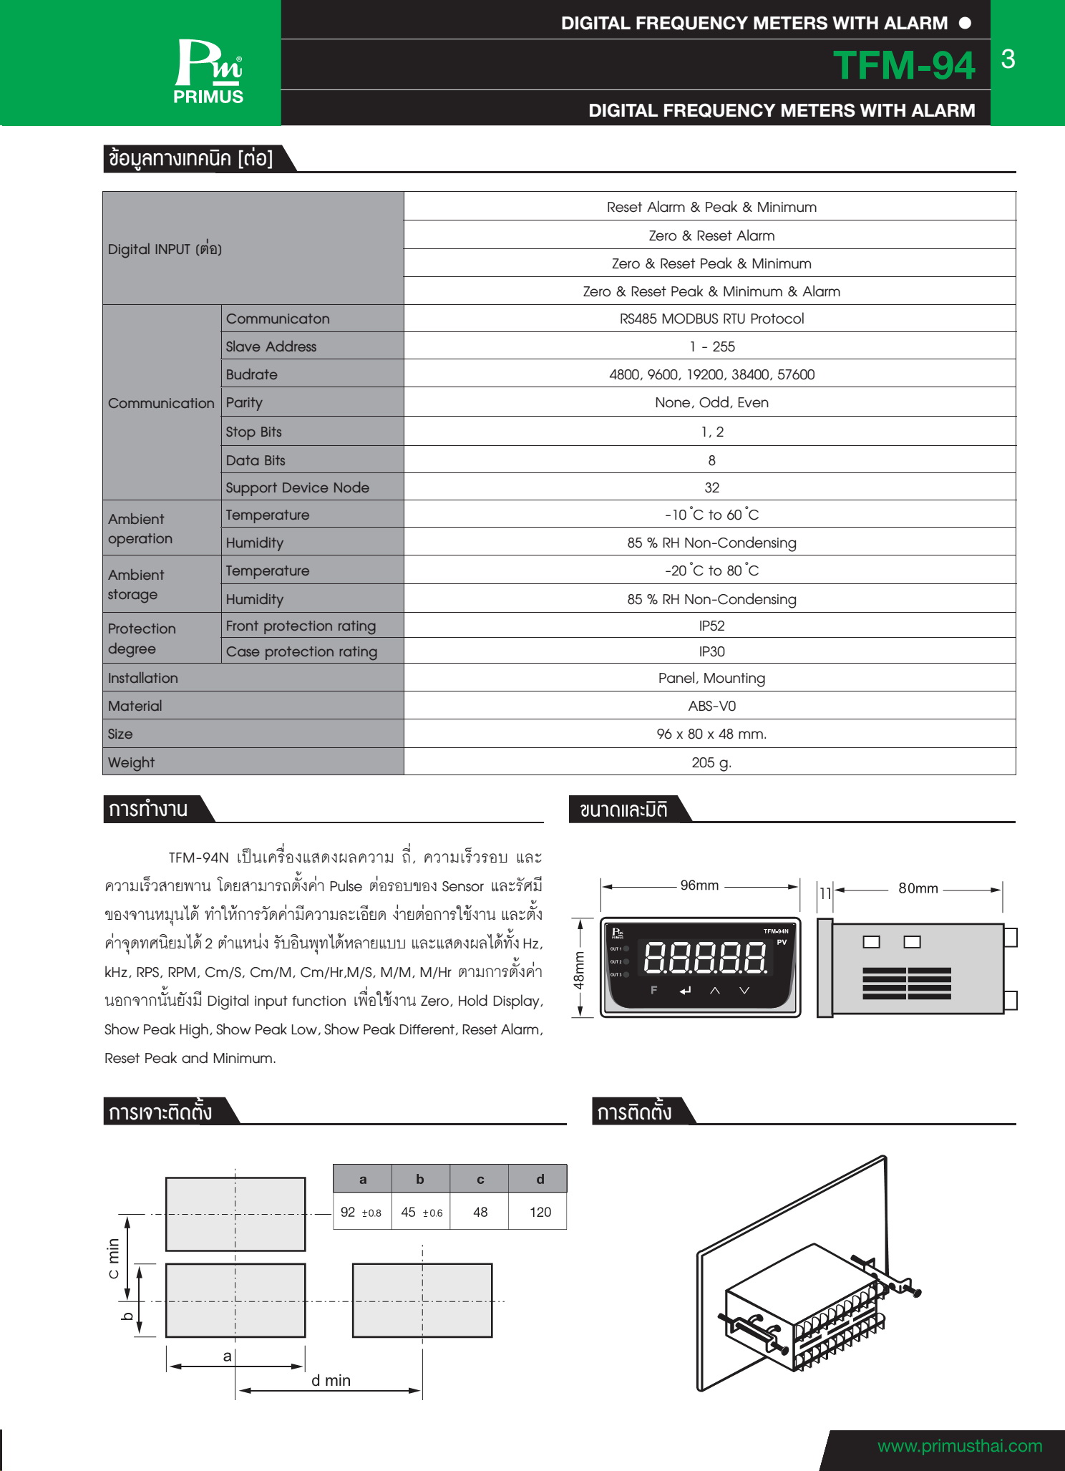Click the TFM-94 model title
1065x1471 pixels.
coord(904,65)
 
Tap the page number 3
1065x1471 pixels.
coord(1008,59)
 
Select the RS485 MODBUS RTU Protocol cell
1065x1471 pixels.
coord(711,319)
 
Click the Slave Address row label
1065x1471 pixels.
coord(271,346)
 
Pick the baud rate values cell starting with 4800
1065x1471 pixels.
coord(711,374)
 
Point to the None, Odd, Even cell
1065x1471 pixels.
coord(711,402)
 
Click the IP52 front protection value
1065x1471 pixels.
coord(711,626)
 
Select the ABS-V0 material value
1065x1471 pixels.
coord(711,706)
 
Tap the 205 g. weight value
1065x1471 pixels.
coord(711,762)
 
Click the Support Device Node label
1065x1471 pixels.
coord(297,487)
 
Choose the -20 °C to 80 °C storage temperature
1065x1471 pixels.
coord(711,571)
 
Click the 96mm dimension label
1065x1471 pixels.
coord(699,885)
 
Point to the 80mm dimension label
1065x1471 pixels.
coord(918,888)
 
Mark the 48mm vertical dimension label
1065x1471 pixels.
coord(579,969)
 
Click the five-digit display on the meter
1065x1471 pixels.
coord(706,957)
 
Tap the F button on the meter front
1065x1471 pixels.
coord(653,990)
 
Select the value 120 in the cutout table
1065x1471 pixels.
coord(540,1212)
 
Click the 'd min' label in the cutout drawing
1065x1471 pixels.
coord(331,1380)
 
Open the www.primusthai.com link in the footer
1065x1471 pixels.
coord(959,1445)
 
